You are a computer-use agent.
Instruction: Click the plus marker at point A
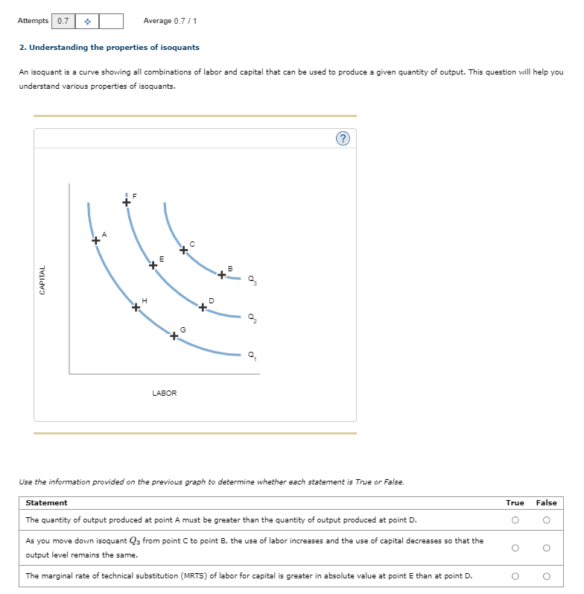pos(95,241)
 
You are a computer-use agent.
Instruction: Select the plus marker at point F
pos(127,201)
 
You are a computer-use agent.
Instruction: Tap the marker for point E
pos(153,265)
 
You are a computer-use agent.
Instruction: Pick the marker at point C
pos(183,250)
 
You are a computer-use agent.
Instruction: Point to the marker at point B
pos(222,275)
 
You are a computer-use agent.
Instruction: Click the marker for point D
pos(203,306)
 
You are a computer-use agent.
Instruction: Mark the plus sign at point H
pos(136,307)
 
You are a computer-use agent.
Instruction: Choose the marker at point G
pos(174,336)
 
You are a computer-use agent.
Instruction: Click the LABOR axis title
pos(164,393)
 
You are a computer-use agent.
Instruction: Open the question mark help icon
pos(342,139)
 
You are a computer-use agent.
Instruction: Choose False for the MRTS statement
pos(546,575)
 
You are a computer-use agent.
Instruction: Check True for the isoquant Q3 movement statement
pos(515,548)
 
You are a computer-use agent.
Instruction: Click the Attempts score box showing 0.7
pos(63,21)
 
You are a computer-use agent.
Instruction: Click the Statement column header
pos(46,503)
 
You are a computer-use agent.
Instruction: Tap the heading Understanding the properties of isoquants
pos(110,48)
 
